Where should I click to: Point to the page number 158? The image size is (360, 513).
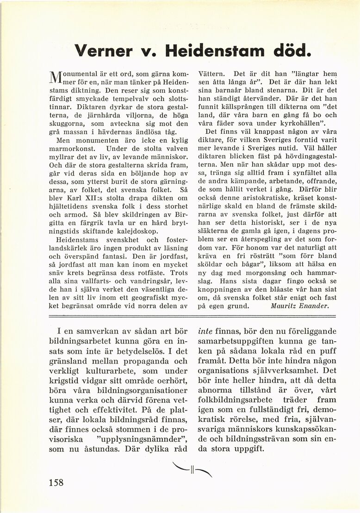[56, 482]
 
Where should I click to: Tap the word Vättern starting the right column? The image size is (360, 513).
[212, 73]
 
